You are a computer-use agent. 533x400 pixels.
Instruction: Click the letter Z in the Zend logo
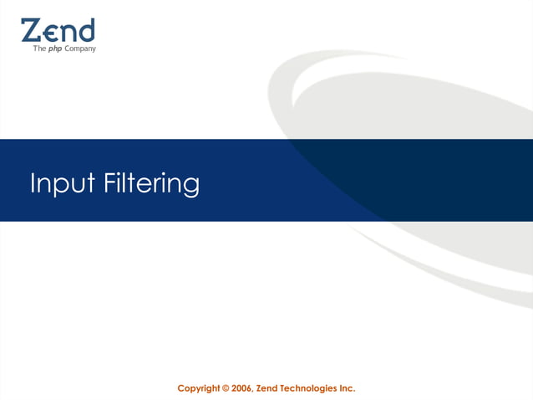tap(31, 31)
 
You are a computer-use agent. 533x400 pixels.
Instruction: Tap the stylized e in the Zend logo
tap(50, 33)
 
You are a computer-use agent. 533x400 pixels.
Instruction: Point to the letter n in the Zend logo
tap(68, 33)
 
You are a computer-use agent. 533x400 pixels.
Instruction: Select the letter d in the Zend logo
tap(86, 30)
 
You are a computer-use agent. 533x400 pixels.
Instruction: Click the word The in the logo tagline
tap(38, 49)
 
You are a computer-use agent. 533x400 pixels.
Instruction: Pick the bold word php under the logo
tap(54, 49)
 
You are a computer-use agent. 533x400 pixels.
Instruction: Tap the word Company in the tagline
tap(80, 49)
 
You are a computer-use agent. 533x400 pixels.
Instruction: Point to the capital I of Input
tap(33, 182)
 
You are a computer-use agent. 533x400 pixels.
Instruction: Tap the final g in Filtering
tap(191, 187)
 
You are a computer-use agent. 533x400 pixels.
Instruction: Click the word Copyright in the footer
tap(199, 388)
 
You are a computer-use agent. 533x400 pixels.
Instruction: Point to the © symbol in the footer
tap(226, 388)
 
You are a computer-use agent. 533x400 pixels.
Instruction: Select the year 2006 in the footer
tap(243, 388)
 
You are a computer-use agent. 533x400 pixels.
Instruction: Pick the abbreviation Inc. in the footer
tap(347, 388)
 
